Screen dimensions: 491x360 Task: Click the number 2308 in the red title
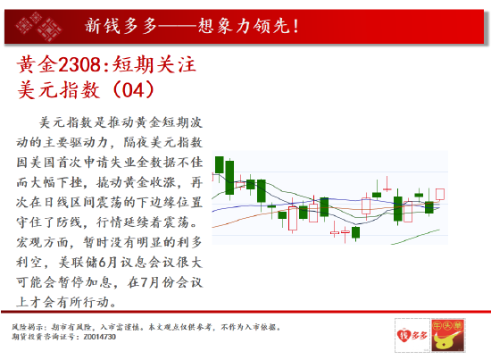coord(79,65)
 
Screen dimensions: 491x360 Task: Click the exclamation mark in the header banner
coord(295,26)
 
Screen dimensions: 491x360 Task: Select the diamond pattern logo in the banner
coord(38,26)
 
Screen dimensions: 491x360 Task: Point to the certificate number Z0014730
coord(100,337)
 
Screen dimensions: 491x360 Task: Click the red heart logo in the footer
coord(402,336)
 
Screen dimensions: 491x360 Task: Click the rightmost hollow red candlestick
coord(440,194)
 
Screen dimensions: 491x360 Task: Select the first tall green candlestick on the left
coord(220,165)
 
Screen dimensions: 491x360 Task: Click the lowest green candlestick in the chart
coord(355,233)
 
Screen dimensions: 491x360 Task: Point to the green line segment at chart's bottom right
coord(415,237)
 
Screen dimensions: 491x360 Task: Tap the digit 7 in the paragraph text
coord(144,282)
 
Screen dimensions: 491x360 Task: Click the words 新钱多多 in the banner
coord(121,26)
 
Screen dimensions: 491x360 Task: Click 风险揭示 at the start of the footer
coord(28,328)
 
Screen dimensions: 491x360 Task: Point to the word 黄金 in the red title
coord(37,65)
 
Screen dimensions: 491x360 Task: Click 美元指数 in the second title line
coord(59,90)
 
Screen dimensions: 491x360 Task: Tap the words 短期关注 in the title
coord(154,65)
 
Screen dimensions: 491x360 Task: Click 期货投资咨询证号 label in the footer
coord(44,337)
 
